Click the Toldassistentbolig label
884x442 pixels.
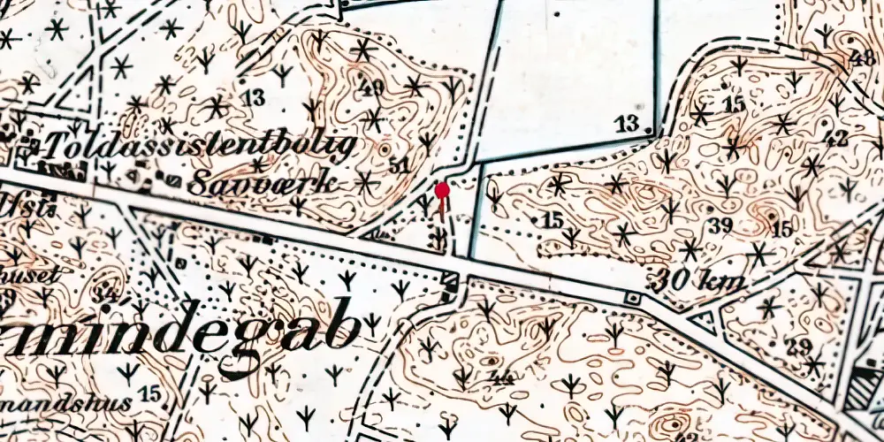(199, 146)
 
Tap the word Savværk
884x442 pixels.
(263, 184)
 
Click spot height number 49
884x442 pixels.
(373, 88)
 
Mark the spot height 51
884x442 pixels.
(399, 164)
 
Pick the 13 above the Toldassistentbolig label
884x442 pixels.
(254, 97)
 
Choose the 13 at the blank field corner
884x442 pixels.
(628, 123)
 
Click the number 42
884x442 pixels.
(835, 137)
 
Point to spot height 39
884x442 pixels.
(720, 225)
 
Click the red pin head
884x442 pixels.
(442, 189)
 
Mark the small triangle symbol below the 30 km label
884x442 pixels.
(705, 322)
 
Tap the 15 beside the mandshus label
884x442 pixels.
(149, 392)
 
